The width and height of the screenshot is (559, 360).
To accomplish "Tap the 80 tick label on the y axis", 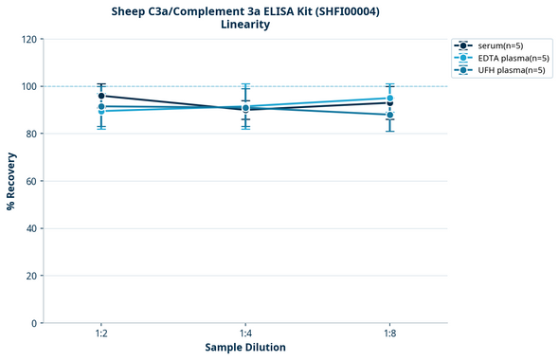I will click(31, 134).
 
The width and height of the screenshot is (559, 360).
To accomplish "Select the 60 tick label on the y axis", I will click(31, 181).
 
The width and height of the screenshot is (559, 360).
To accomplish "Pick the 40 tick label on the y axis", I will click(31, 228).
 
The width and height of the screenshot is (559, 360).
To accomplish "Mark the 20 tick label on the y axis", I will click(31, 276).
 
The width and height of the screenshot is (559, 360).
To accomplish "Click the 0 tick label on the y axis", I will click(34, 323).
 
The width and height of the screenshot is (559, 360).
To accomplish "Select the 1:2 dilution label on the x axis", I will click(101, 334).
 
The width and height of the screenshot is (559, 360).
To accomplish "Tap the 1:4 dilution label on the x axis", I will click(245, 334).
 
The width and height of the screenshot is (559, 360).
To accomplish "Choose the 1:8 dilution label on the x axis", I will click(389, 334).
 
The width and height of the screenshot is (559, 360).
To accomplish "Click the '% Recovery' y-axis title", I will click(11, 181).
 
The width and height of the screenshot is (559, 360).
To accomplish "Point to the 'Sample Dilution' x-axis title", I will click(245, 348).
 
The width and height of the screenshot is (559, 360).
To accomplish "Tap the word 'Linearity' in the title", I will click(245, 25).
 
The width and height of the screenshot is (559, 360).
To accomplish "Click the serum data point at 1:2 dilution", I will click(101, 96).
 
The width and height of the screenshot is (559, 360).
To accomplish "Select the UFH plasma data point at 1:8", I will click(389, 115).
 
